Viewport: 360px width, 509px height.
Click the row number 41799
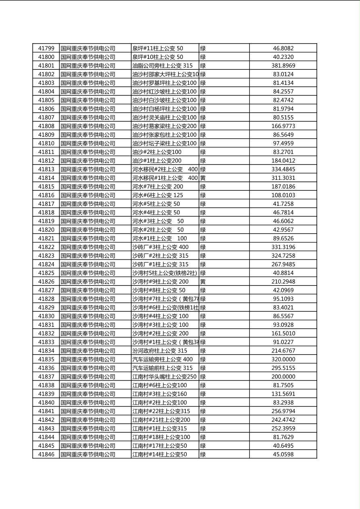coord(46,48)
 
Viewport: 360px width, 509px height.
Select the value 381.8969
coord(283,66)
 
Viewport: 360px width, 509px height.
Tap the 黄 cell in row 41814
coord(203,178)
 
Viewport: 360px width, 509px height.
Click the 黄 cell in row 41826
coord(203,282)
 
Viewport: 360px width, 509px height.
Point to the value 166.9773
coord(283,126)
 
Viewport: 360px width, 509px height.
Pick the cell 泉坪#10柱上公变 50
coord(157,57)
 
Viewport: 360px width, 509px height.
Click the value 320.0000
coord(283,359)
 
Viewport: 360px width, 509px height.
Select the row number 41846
coord(46,455)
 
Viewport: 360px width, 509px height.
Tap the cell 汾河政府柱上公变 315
coord(160,351)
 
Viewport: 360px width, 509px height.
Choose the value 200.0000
coord(283,377)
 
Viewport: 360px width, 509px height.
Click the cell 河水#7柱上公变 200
coord(157,187)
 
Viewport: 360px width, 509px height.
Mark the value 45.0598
coord(283,455)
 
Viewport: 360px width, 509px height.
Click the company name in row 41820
coord(88,230)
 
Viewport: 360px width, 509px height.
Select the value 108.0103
coord(283,195)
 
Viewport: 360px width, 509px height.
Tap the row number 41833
coord(46,342)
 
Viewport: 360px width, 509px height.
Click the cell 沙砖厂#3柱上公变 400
coord(160,247)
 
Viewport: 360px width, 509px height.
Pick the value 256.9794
coord(283,411)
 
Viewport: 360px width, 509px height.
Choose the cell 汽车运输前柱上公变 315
coord(162,368)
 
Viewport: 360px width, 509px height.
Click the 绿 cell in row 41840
coord(203,403)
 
